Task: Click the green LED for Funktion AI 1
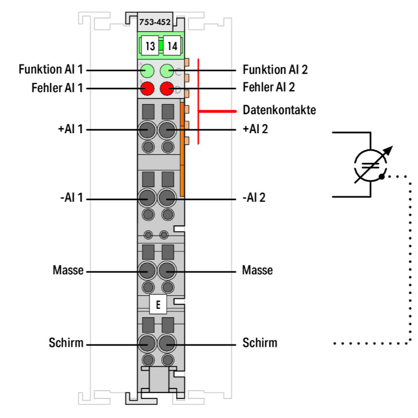click(148, 71)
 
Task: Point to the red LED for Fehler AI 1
click(148, 88)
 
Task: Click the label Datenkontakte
click(279, 110)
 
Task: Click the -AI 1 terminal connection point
click(148, 198)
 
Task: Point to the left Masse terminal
click(148, 271)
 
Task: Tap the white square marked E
click(159, 305)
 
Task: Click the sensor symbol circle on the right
click(370, 166)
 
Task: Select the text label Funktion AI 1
click(51, 70)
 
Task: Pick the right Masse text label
click(257, 271)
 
